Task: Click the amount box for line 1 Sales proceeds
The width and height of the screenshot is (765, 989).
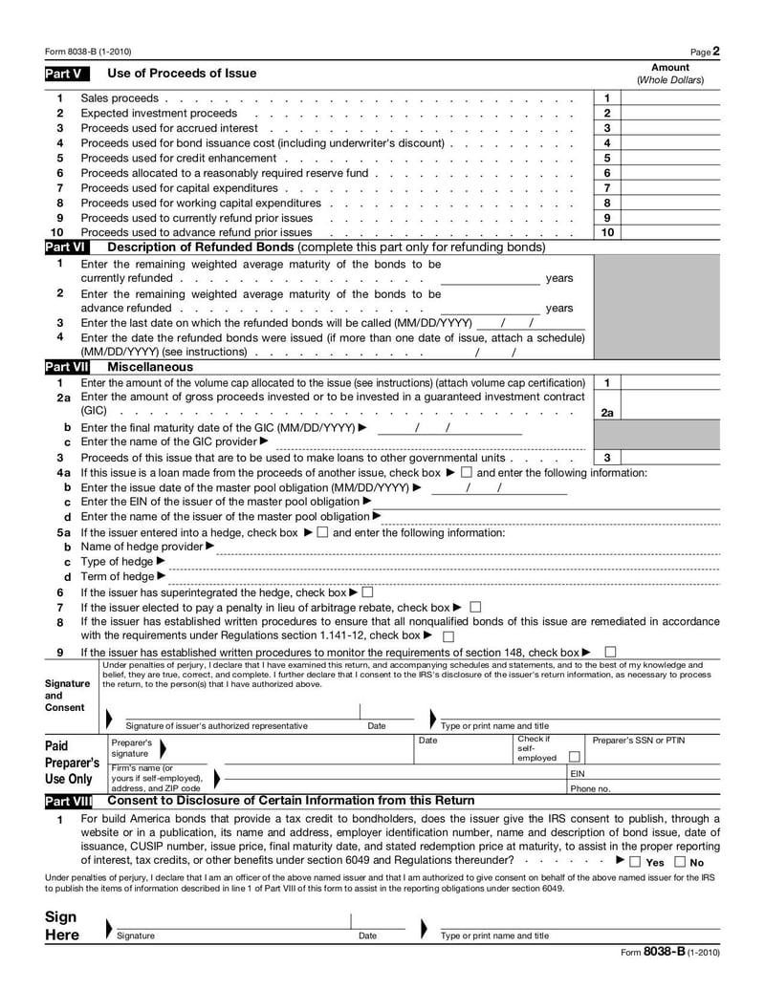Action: [669, 98]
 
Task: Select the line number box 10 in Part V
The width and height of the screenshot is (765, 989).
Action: [606, 232]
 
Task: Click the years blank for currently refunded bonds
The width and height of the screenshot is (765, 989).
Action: [490, 278]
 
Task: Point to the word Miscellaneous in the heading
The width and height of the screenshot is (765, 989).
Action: [150, 367]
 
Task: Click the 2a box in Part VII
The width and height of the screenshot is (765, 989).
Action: [606, 413]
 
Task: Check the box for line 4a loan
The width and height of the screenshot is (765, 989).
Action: [466, 473]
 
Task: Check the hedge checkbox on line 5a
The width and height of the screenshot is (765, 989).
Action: [322, 532]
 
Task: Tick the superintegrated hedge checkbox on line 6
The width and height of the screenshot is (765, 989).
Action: [367, 592]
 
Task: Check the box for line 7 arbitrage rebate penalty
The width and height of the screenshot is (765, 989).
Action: [476, 607]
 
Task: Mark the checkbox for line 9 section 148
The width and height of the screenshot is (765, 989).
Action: [610, 653]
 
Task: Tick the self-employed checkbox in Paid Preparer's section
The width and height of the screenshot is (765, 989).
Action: [574, 757]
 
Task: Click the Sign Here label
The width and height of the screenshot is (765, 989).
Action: [62, 926]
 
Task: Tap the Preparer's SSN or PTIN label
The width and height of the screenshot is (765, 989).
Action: [639, 741]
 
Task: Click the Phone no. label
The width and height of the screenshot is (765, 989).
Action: [590, 789]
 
